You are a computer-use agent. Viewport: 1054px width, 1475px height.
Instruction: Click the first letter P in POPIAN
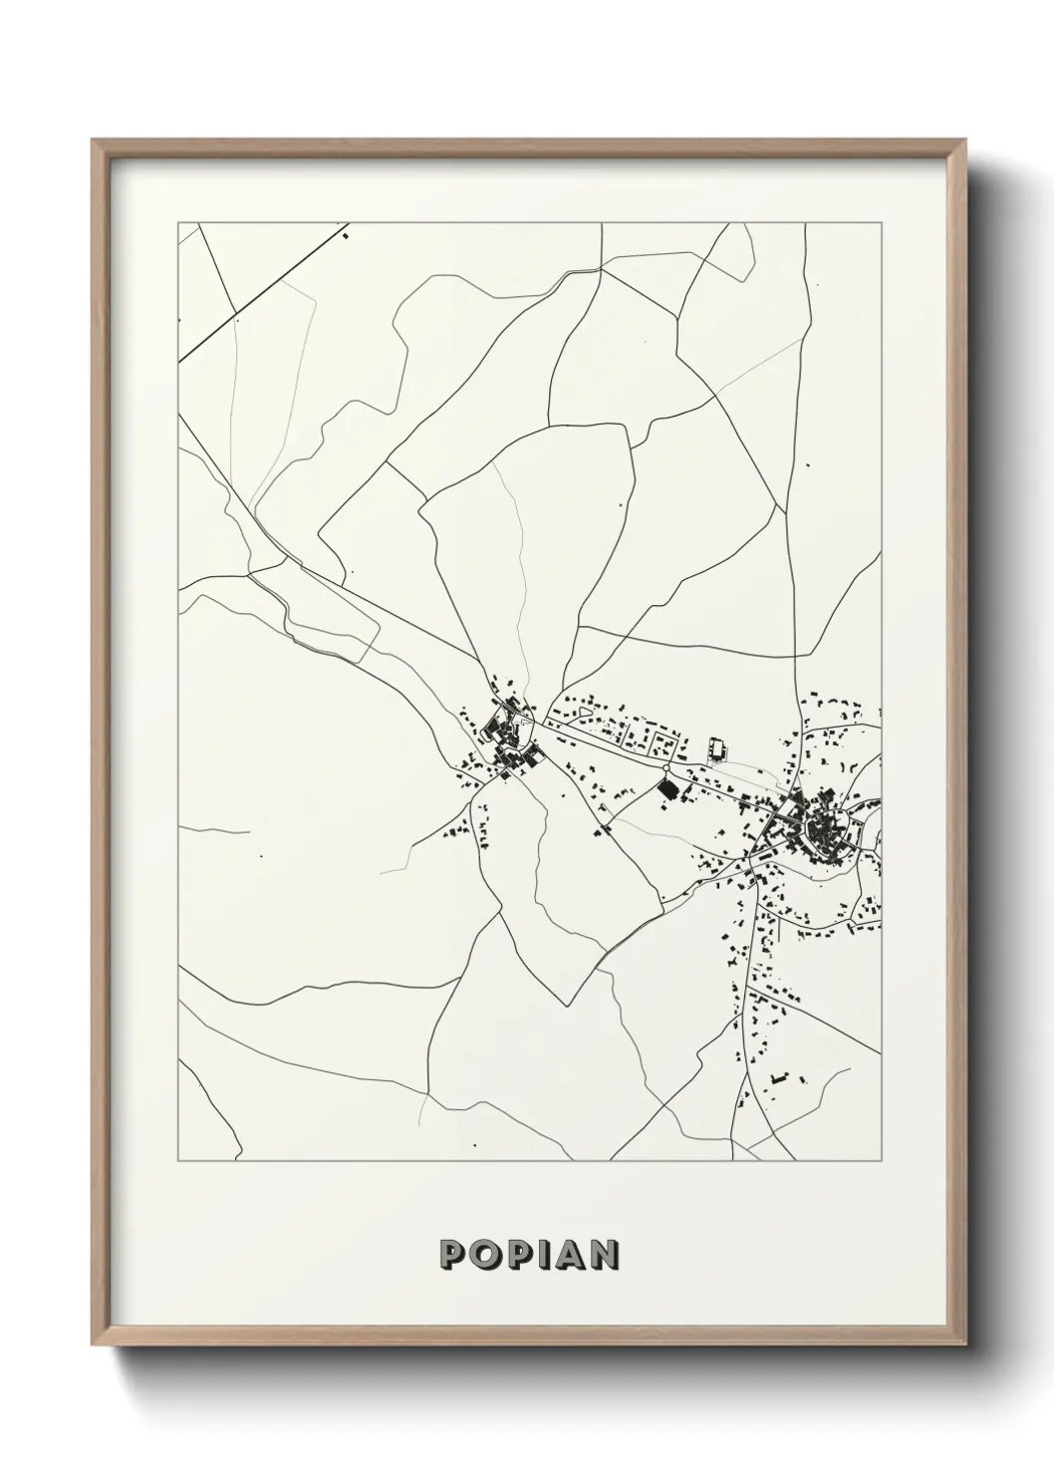point(453,1254)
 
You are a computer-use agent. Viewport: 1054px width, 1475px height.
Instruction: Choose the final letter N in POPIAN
point(604,1254)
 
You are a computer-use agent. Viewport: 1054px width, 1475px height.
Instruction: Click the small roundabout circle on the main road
point(666,770)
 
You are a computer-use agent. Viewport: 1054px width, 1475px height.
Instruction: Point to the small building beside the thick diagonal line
point(346,236)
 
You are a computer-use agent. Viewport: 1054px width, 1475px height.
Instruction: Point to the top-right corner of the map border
point(881,222)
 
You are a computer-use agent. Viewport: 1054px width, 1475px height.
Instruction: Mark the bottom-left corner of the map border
point(178,1161)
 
